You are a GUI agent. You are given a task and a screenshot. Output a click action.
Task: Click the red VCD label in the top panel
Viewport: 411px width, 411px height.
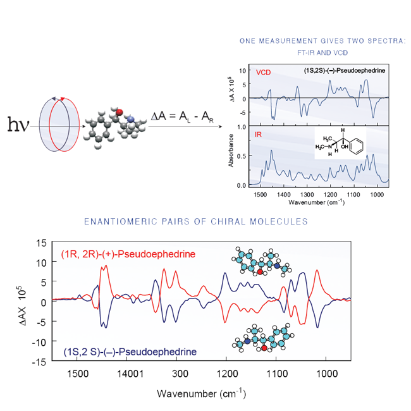(263, 72)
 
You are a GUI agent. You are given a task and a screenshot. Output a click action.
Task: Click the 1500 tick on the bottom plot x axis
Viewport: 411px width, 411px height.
(77, 374)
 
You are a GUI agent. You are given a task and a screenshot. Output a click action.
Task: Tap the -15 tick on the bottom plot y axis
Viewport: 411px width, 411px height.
(39, 362)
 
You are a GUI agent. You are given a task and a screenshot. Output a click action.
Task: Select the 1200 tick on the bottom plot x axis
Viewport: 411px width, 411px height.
(226, 374)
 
